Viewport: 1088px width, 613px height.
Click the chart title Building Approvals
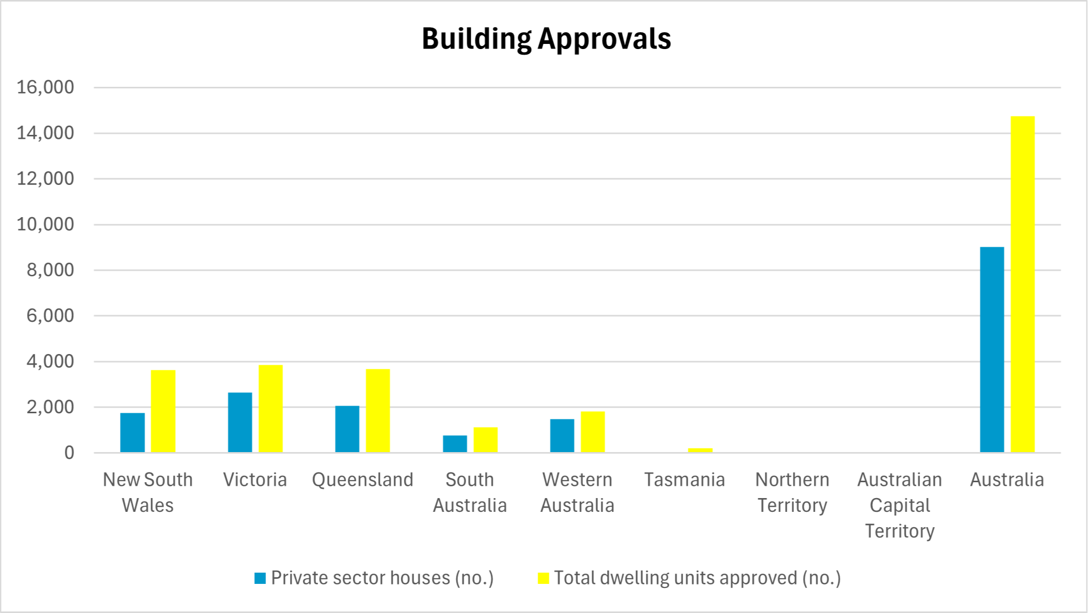pos(546,39)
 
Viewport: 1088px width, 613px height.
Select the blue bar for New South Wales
pos(132,433)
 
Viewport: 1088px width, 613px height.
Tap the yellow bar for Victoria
pos(271,409)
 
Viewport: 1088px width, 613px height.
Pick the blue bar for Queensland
pos(347,429)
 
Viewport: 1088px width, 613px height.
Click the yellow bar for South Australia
pos(486,440)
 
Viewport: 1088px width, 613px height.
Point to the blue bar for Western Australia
pos(562,436)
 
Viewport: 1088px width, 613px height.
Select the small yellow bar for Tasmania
pos(700,450)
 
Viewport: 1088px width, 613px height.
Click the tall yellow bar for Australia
pos(1023,284)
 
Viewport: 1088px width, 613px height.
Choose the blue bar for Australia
pos(992,350)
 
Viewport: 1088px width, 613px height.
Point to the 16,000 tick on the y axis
pos(45,87)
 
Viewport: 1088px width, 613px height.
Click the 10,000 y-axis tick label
pos(45,224)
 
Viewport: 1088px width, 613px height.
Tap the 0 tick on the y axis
pos(69,453)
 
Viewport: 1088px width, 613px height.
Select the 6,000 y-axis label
pos(50,316)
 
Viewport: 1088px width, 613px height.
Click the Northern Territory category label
pos(792,492)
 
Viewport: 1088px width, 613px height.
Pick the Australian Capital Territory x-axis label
pos(900,505)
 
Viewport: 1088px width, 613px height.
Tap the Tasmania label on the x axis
pos(684,480)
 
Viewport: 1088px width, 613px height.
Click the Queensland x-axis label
pos(362,480)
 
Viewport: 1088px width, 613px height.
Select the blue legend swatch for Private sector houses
pos(260,578)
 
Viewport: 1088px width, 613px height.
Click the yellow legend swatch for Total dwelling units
pos(543,578)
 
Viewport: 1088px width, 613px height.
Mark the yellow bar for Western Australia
pos(593,432)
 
